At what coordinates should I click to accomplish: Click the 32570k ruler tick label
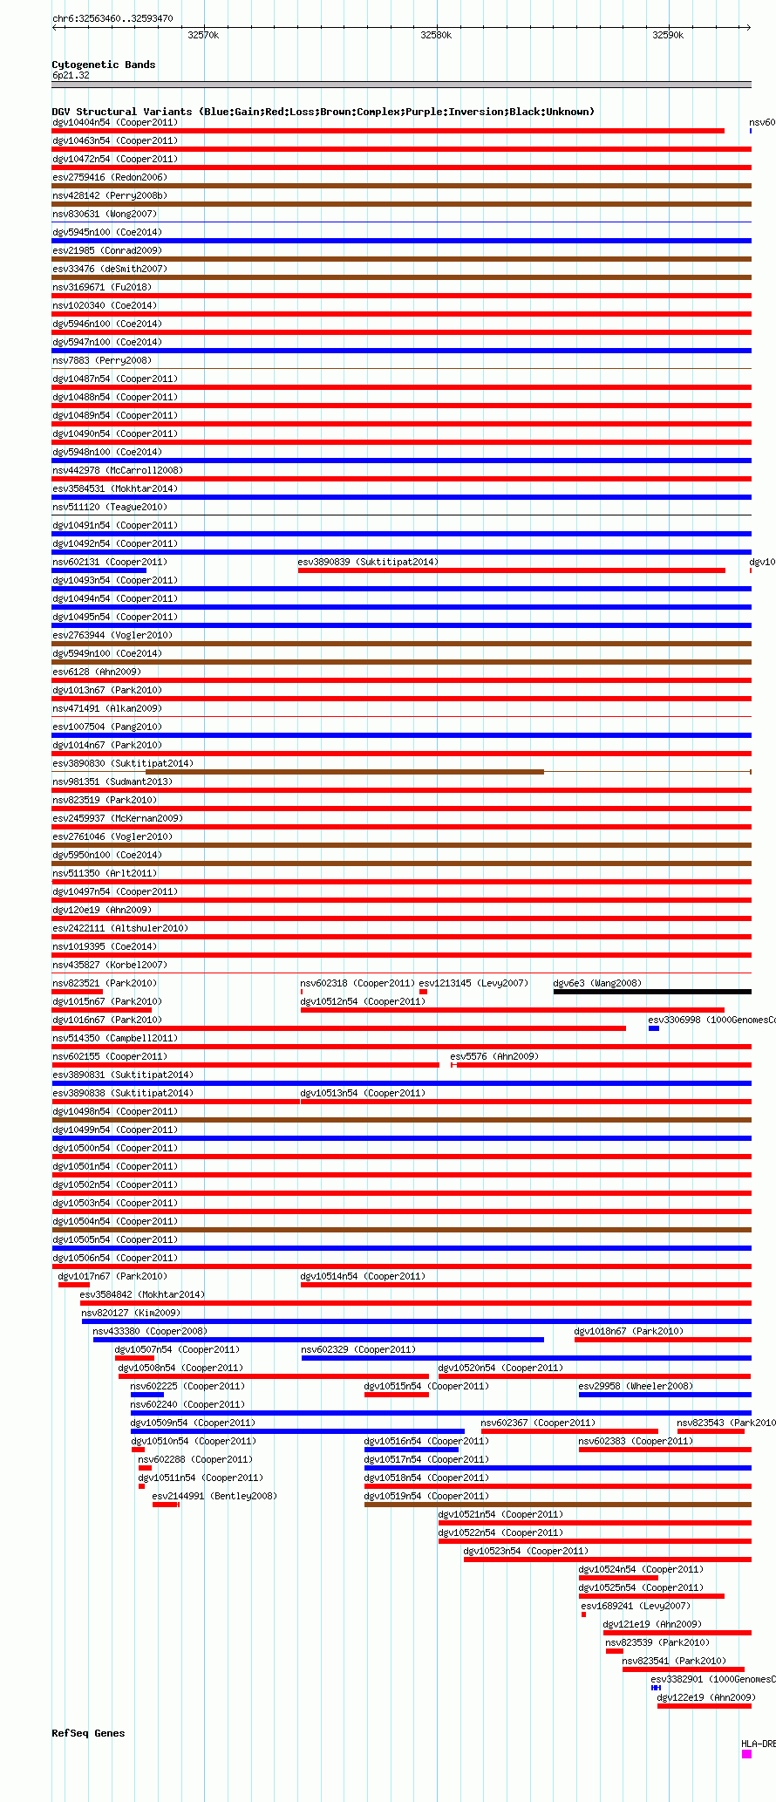(x=203, y=35)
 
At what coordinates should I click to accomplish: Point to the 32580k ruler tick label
(x=436, y=35)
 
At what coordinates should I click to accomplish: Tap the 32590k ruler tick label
(x=668, y=35)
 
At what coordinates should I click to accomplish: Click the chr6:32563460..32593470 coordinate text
(x=112, y=18)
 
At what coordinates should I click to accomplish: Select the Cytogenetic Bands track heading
(x=103, y=65)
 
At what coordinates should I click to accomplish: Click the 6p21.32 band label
(x=71, y=76)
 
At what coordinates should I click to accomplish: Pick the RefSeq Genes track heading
(x=88, y=1733)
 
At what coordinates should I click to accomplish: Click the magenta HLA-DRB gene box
(x=746, y=1754)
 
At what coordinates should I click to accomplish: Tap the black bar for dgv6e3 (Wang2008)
(x=652, y=992)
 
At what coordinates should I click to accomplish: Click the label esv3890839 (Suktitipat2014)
(x=368, y=563)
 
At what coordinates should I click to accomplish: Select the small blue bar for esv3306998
(x=654, y=1028)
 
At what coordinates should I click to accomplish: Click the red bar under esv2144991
(x=166, y=1505)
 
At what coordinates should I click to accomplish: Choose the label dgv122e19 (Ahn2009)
(x=705, y=1697)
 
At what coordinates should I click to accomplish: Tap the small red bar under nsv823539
(x=615, y=1651)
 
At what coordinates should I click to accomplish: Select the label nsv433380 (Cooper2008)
(x=150, y=1331)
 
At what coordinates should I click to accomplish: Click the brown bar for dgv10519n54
(x=558, y=1505)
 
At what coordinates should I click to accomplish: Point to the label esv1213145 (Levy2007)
(x=473, y=983)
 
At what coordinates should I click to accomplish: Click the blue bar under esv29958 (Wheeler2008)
(x=664, y=1395)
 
